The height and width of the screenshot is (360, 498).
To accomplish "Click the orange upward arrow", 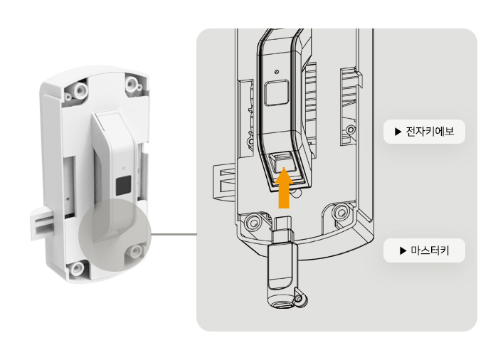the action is [x=284, y=189].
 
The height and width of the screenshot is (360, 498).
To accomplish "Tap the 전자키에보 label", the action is [x=430, y=132].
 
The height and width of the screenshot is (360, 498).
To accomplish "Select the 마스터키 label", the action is [x=430, y=250].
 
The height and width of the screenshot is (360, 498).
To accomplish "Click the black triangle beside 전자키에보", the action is [x=398, y=132].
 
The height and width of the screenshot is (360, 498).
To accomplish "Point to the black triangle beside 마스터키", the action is [x=403, y=250].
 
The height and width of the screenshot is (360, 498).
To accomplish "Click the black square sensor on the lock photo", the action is [x=123, y=185].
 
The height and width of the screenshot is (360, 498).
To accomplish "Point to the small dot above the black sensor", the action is [x=124, y=168].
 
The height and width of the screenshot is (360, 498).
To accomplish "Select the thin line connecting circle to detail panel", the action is [x=174, y=235].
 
